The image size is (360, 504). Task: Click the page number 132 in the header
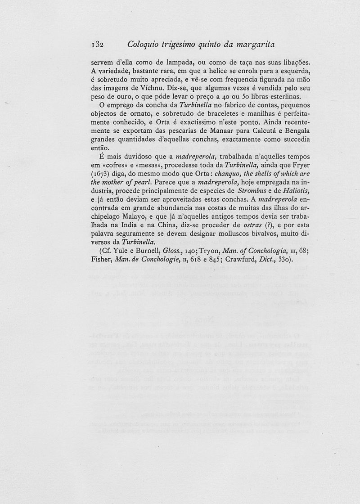97,45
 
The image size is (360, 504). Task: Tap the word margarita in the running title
252,45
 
